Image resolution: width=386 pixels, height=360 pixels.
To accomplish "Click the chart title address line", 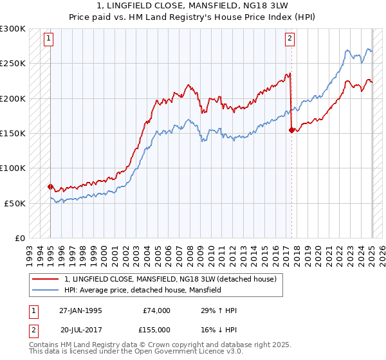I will pyautogui.click(x=193, y=6).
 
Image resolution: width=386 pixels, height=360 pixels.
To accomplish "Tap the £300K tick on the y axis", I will pyautogui.click(x=13, y=29).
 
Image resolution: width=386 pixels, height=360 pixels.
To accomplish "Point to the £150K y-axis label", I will pyautogui.click(x=13, y=134).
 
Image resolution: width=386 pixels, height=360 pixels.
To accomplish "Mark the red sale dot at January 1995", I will pyautogui.click(x=50, y=186).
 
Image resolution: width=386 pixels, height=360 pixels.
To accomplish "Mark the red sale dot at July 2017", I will pyautogui.click(x=291, y=130).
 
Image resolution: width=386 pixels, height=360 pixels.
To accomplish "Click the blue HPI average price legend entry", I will pyautogui.click(x=142, y=291).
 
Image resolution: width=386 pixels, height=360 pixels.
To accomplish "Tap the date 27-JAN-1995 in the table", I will pyautogui.click(x=80, y=310).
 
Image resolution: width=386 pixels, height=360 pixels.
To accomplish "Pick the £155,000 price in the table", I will pyautogui.click(x=156, y=329).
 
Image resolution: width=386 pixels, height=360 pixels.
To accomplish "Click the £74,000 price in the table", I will pyautogui.click(x=156, y=310).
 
